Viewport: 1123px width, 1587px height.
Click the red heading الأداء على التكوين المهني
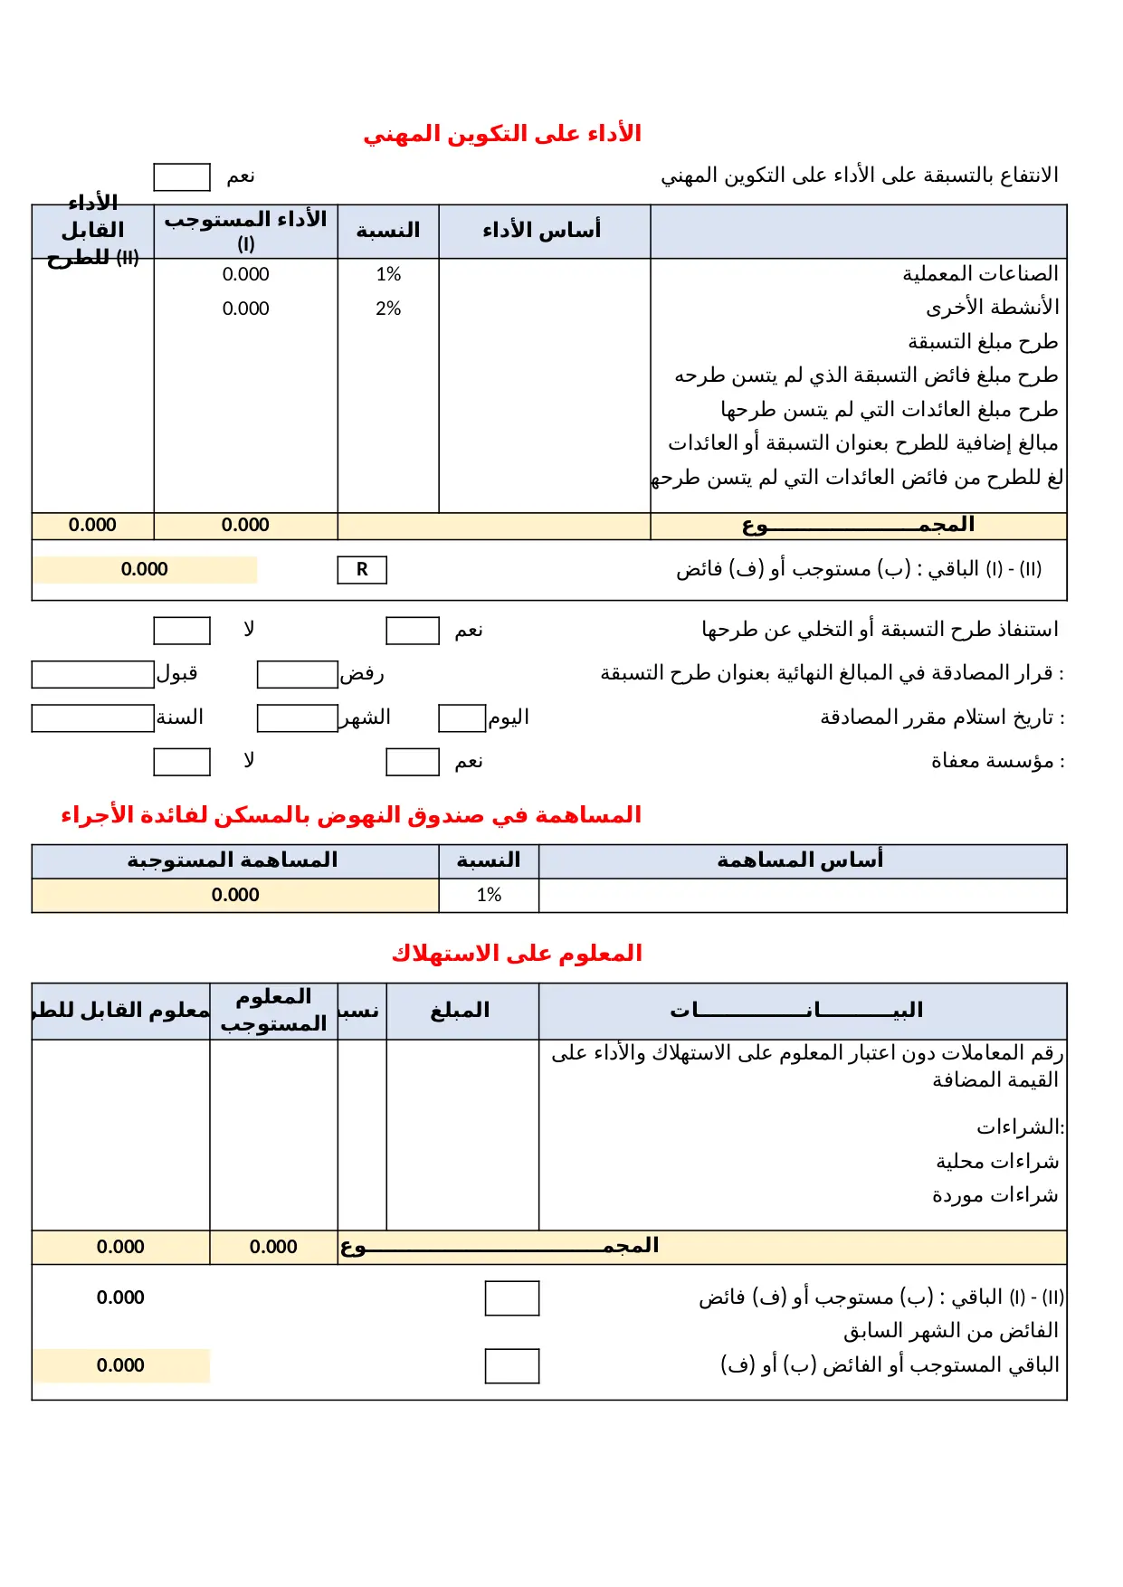click(502, 134)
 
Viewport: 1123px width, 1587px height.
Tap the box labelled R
click(362, 569)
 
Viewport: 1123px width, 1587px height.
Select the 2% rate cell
click(388, 309)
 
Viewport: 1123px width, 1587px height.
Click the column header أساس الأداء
click(543, 231)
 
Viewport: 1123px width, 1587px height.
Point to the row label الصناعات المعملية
click(980, 273)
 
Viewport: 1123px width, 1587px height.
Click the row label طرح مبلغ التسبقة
click(983, 342)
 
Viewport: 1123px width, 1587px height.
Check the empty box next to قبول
click(92, 674)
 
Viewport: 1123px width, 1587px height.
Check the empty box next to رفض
click(297, 674)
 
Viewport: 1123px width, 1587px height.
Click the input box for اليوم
click(462, 718)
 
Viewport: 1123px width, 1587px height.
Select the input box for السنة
click(92, 718)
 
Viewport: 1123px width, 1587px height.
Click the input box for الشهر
click(297, 718)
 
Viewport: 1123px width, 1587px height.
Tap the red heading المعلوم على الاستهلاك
click(517, 954)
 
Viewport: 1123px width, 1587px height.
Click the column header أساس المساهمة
click(801, 860)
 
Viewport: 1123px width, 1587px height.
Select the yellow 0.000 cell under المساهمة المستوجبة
click(235, 895)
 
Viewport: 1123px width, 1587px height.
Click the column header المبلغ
click(461, 1011)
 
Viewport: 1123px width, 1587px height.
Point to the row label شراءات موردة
click(995, 1195)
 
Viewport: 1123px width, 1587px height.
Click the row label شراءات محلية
click(996, 1161)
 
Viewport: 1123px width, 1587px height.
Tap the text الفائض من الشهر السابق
click(950, 1331)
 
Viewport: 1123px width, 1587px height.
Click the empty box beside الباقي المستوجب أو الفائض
click(511, 1365)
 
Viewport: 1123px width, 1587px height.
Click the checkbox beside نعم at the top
click(181, 176)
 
